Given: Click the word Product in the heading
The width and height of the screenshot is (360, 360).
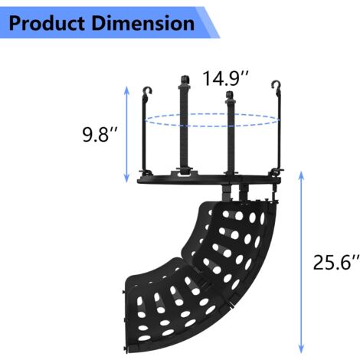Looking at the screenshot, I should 47,23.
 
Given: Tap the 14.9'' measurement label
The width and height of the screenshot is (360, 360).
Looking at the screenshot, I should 224,79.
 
